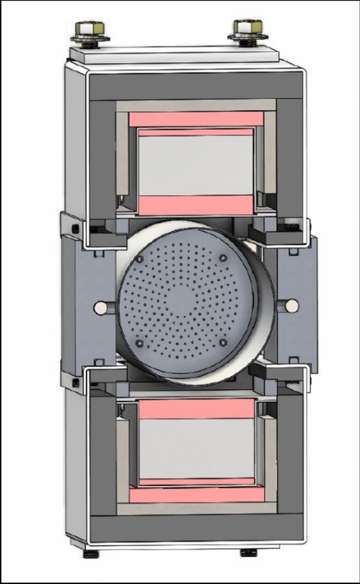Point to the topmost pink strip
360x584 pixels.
pos(197,119)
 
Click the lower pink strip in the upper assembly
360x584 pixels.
pos(196,203)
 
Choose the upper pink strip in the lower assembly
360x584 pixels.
pos(196,408)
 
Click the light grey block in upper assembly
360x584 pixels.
pos(196,164)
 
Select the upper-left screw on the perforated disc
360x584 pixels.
pos(140,261)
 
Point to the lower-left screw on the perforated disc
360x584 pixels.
pos(139,343)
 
